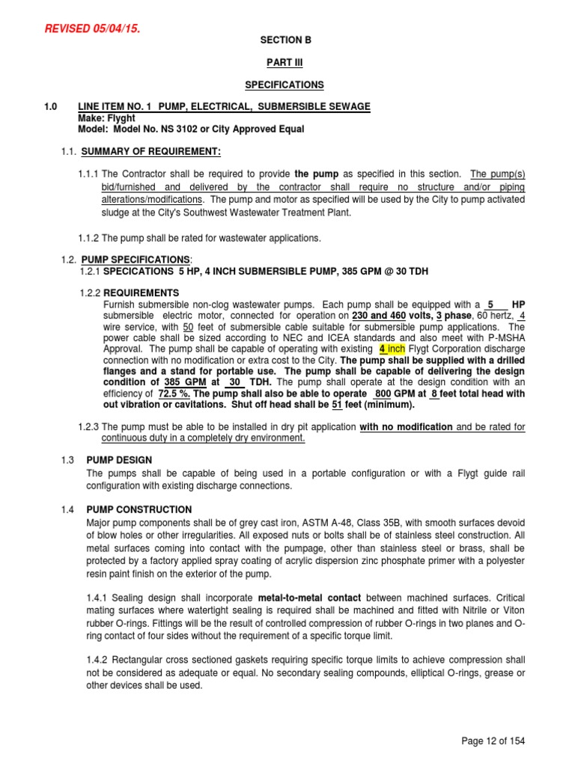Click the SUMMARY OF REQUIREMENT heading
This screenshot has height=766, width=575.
[151, 153]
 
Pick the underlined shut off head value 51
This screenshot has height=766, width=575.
[337, 405]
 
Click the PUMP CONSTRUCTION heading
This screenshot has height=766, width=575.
[139, 509]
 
